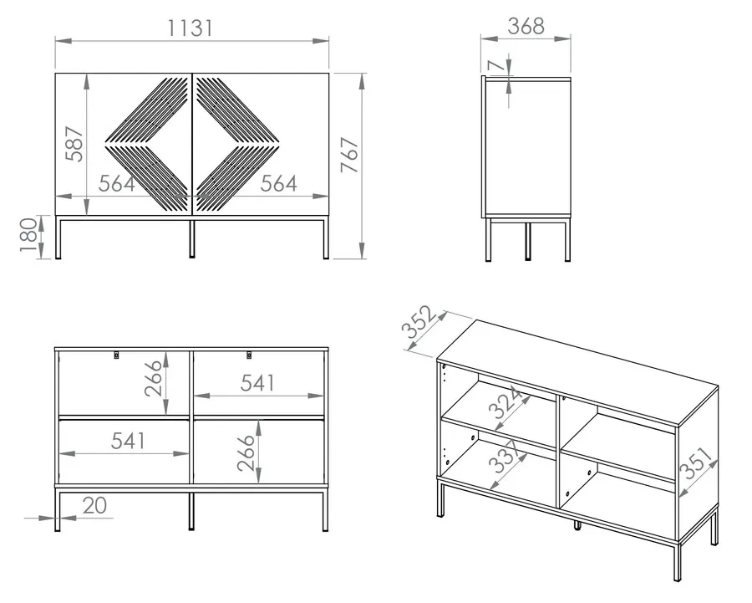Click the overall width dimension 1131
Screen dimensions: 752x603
(x=190, y=28)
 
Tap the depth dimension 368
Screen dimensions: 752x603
(x=526, y=26)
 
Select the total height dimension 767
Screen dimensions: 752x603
(x=349, y=155)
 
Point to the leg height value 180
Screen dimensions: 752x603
(x=28, y=235)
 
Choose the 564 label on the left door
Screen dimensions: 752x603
(x=117, y=183)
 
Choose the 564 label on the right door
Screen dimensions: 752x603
(x=278, y=183)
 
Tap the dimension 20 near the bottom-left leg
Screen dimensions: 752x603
(x=94, y=505)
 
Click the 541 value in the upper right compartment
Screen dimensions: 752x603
(x=258, y=383)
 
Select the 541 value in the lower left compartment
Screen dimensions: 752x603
(x=129, y=440)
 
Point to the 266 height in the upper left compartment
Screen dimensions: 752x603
(x=154, y=378)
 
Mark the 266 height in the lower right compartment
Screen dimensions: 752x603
(x=246, y=452)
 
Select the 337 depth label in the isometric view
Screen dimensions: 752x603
(x=505, y=456)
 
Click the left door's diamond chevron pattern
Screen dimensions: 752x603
(x=147, y=144)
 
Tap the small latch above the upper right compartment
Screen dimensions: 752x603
(x=249, y=355)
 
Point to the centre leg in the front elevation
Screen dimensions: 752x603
(x=192, y=239)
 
